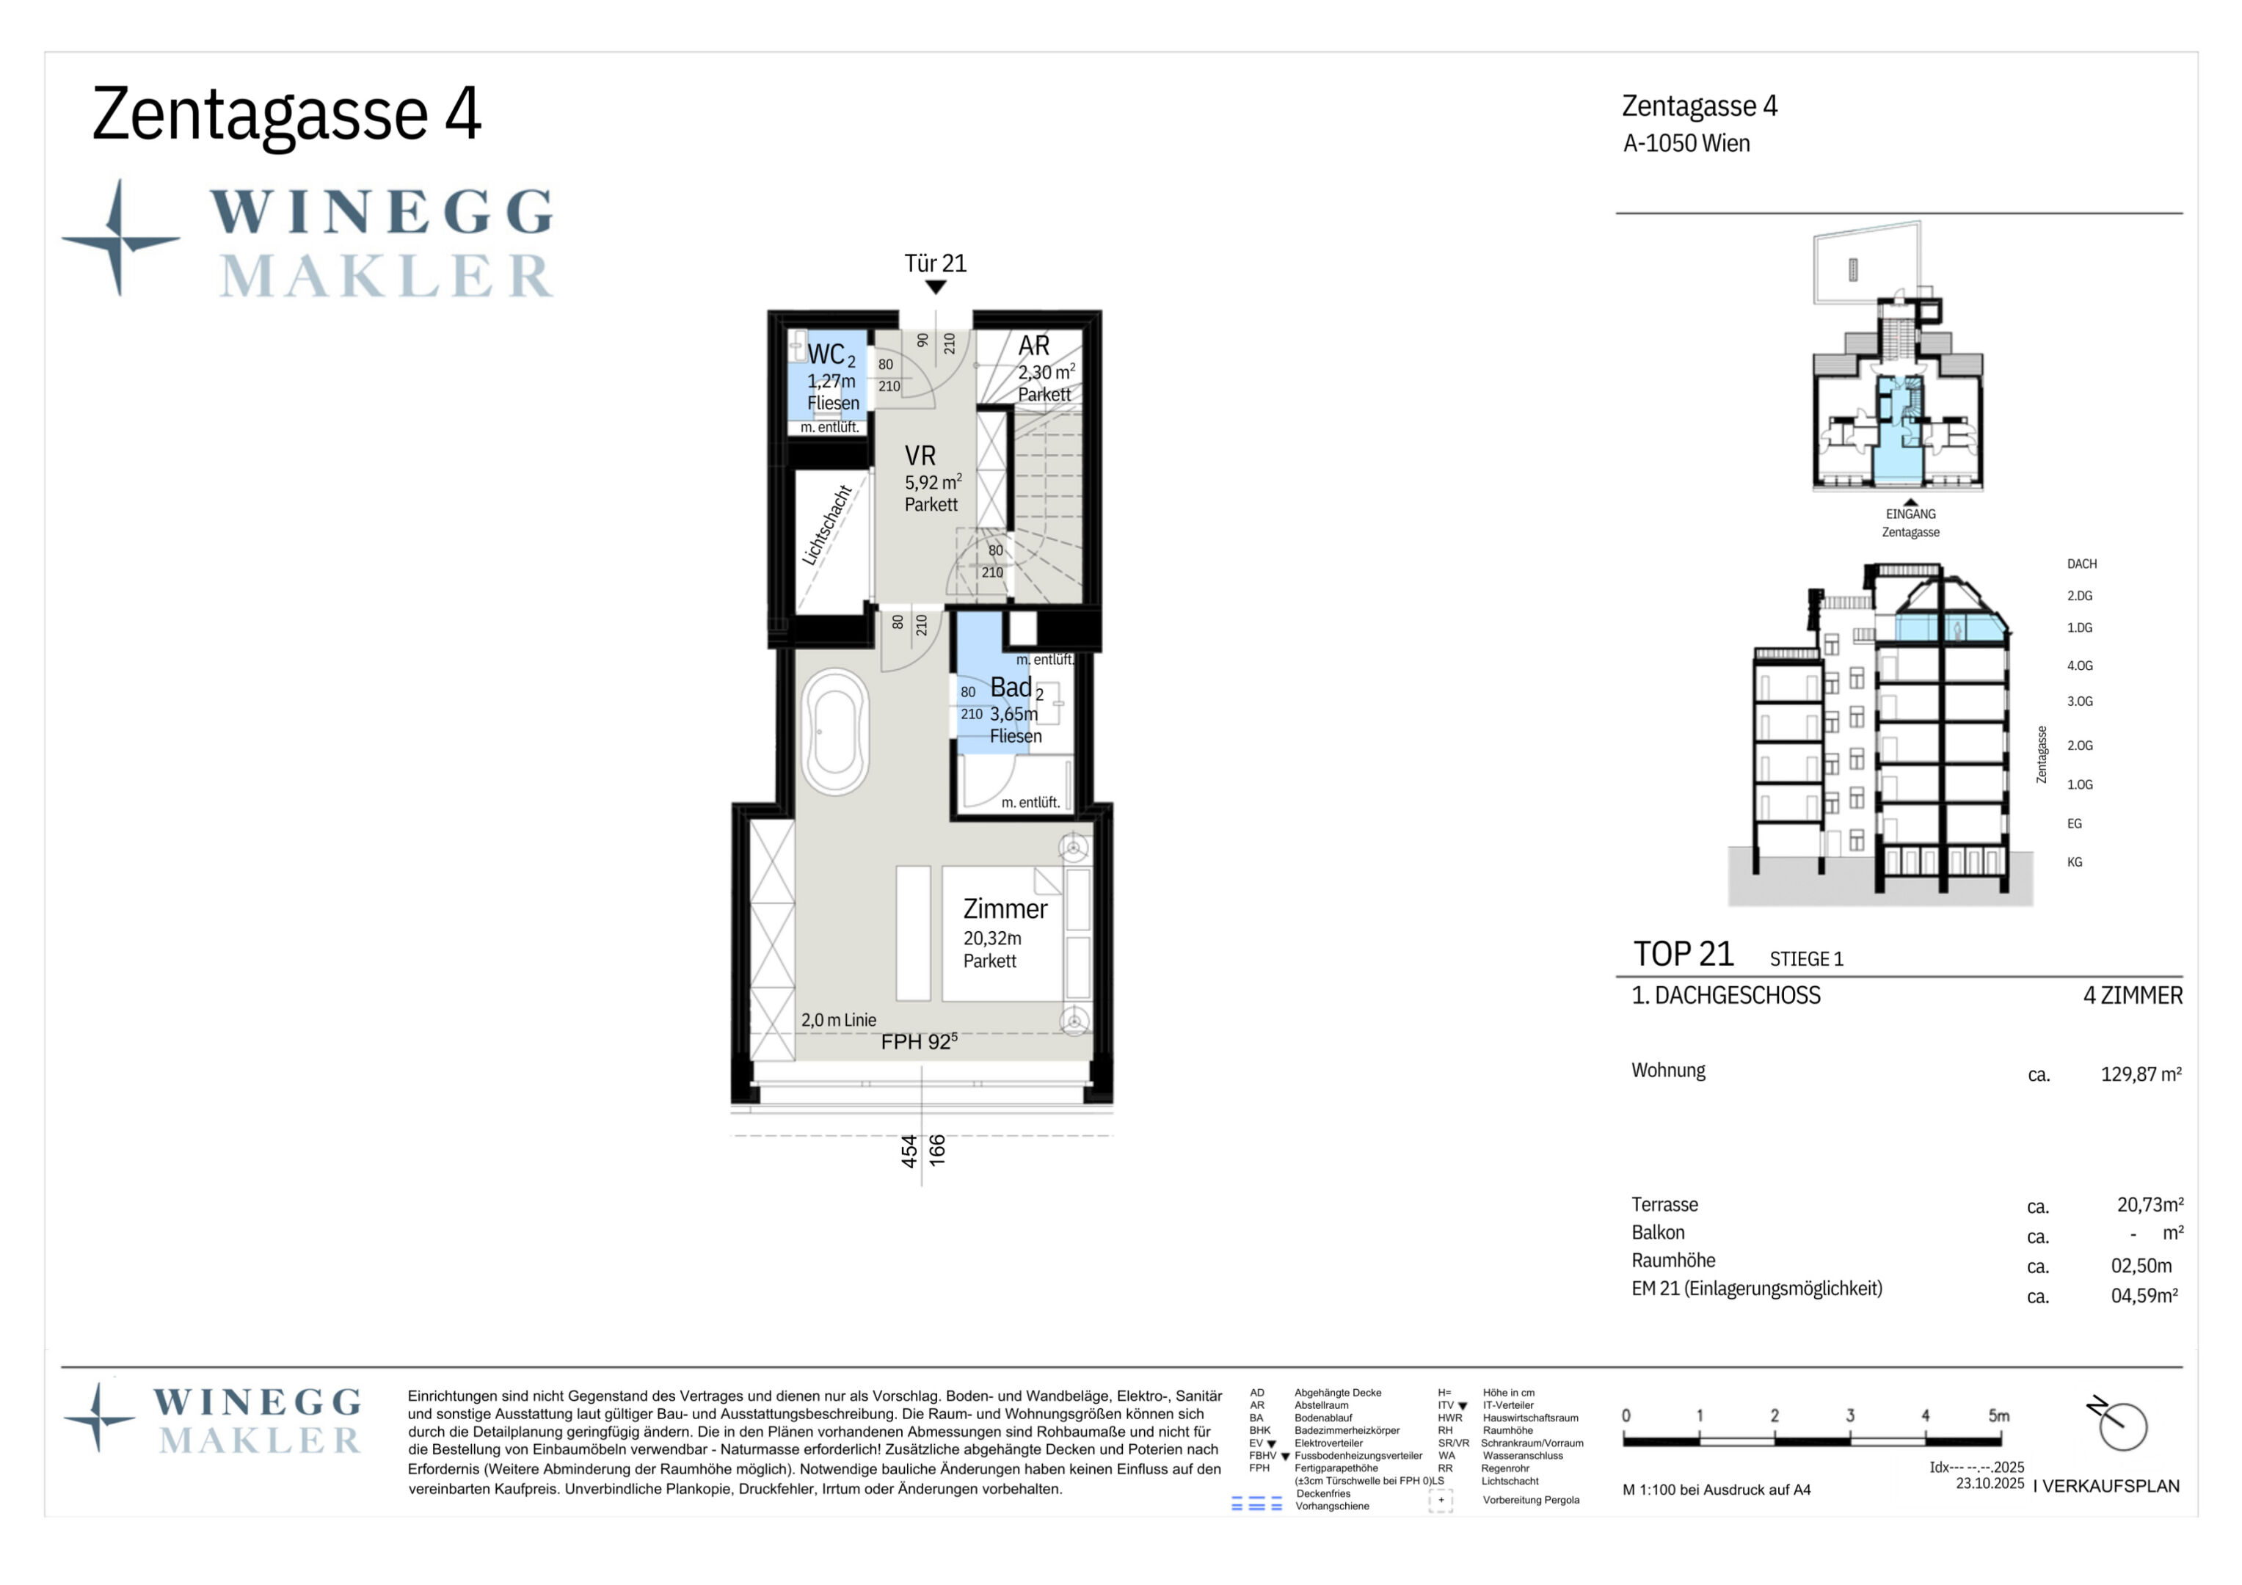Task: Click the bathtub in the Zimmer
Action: coord(835,732)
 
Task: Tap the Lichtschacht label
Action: coord(827,525)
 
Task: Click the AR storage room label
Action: coord(1033,346)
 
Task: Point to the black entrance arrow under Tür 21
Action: coord(936,287)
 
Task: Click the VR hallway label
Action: coord(920,456)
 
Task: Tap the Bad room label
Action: coord(1011,688)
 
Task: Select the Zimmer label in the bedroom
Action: coord(1005,909)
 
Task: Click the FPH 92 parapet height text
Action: coord(919,1042)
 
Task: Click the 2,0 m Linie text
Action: coord(839,1019)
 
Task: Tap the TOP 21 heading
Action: coord(1684,953)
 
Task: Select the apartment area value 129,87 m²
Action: coord(2141,1074)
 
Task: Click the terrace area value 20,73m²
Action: coord(2150,1204)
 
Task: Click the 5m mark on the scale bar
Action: coord(1999,1415)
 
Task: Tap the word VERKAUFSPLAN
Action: coord(2111,1487)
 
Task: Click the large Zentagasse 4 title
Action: coord(286,114)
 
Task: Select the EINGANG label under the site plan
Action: coord(1910,514)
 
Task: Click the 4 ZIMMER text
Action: coord(2133,995)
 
